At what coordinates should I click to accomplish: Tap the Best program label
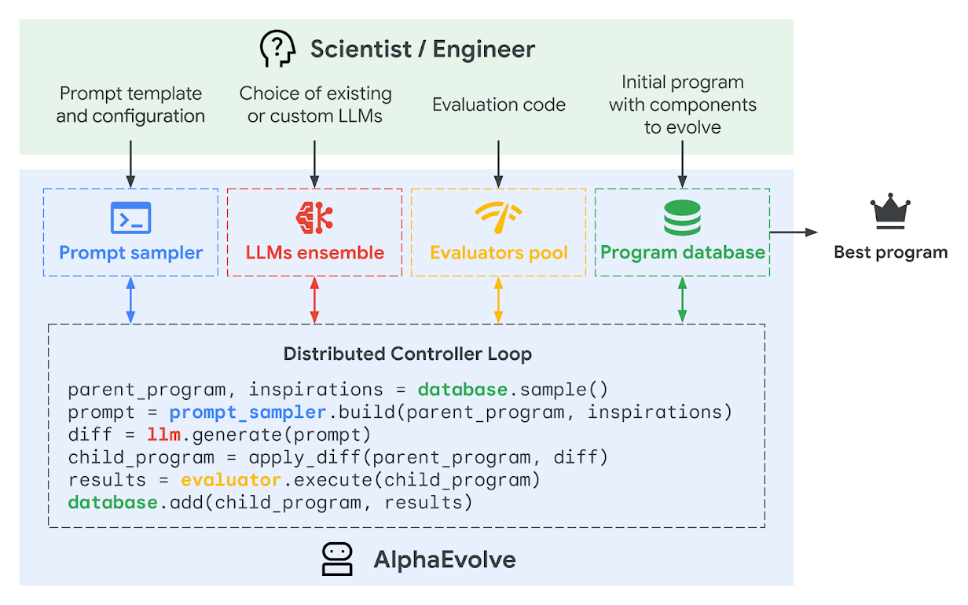coord(890,252)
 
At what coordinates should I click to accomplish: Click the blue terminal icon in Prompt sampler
coord(130,218)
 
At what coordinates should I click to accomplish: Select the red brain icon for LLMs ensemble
coord(314,218)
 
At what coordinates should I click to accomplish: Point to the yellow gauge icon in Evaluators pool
coord(498,217)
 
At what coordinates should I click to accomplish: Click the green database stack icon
coord(682,218)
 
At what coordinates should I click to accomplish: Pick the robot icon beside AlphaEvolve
coord(338,559)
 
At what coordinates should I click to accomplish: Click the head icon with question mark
coord(277,49)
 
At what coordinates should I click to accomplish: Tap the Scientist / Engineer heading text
coord(423,49)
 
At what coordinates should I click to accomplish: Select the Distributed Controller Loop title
coord(407,354)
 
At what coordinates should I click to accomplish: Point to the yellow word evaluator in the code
coord(230,479)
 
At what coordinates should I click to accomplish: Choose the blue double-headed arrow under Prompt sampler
coord(130,300)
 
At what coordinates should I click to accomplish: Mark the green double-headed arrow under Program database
coord(682,300)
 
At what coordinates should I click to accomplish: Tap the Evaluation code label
coord(498,104)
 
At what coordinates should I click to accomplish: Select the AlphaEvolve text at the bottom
coord(444,559)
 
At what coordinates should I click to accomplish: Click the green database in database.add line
coord(112,502)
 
